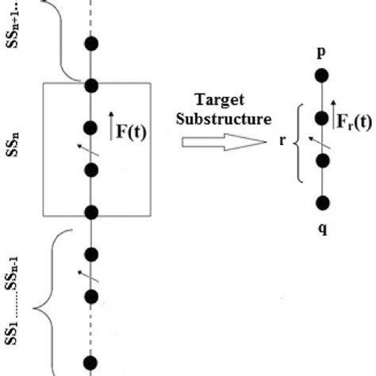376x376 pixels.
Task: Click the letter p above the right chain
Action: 320,52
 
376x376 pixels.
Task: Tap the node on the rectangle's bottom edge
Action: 92,212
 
